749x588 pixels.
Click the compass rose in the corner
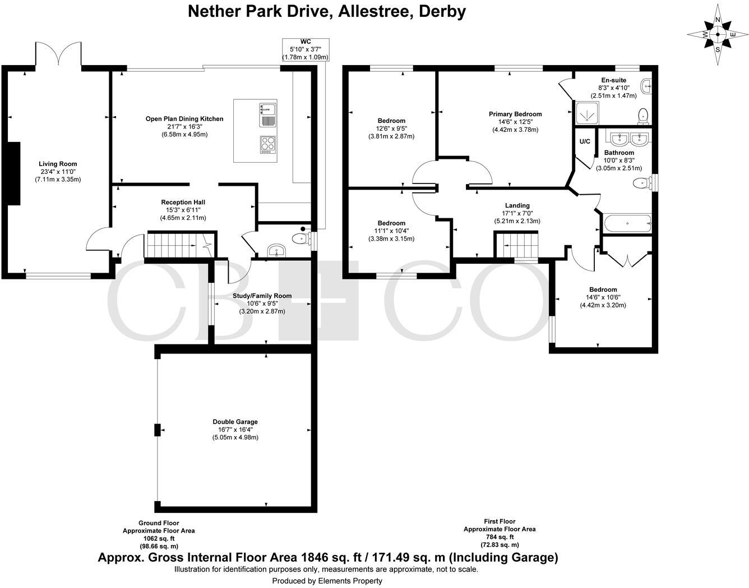coord(718,34)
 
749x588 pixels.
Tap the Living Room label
coord(58,164)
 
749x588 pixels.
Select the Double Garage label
coord(235,422)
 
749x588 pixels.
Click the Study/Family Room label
coord(262,296)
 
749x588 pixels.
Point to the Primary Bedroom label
coord(515,114)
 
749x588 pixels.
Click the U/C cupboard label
coord(585,142)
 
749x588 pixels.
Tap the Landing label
coord(517,206)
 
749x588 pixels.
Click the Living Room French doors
coord(59,54)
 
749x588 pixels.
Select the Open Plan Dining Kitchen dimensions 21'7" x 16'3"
coord(184,127)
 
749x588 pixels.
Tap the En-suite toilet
coord(642,116)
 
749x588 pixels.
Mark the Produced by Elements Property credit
coord(327,581)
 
